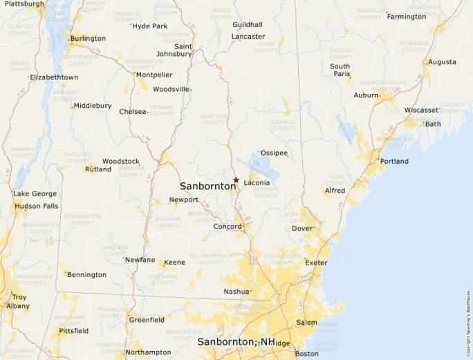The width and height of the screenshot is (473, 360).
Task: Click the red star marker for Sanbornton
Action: coord(236,180)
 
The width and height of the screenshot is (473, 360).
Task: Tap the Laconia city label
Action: coord(257,183)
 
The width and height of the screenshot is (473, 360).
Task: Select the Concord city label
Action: coord(227,227)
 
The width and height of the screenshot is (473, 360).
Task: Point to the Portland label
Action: coord(394,162)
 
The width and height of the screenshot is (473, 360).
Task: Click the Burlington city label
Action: coord(88,39)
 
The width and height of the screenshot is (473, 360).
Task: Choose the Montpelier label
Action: coord(154,75)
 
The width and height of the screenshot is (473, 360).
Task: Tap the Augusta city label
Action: coord(442,62)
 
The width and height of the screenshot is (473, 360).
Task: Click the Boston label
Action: coord(306,354)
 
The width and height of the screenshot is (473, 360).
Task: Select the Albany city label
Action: coord(18,306)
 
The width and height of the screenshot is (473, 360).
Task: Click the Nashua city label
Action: coord(236,292)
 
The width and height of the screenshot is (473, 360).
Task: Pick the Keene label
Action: coord(174,263)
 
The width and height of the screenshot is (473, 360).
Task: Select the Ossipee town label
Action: coord(274,153)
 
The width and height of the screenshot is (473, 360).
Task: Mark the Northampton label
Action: coord(148,352)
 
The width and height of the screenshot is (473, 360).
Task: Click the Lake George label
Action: coord(35,193)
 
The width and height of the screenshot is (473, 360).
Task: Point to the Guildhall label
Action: coord(248,25)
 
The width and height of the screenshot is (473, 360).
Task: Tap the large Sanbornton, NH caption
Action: coord(236,342)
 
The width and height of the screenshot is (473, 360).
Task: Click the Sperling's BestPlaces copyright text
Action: coord(468,319)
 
